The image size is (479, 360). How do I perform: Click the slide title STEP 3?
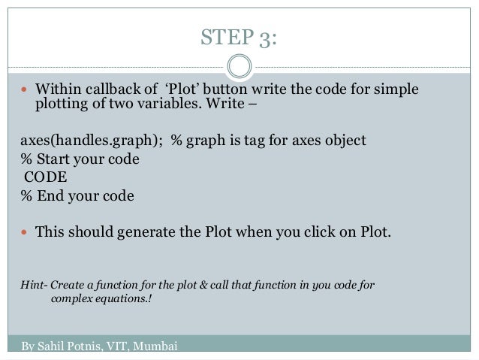239,37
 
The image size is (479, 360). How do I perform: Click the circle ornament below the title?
239,65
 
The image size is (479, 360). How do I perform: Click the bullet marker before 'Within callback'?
25,92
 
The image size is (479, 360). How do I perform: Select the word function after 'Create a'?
107,286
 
